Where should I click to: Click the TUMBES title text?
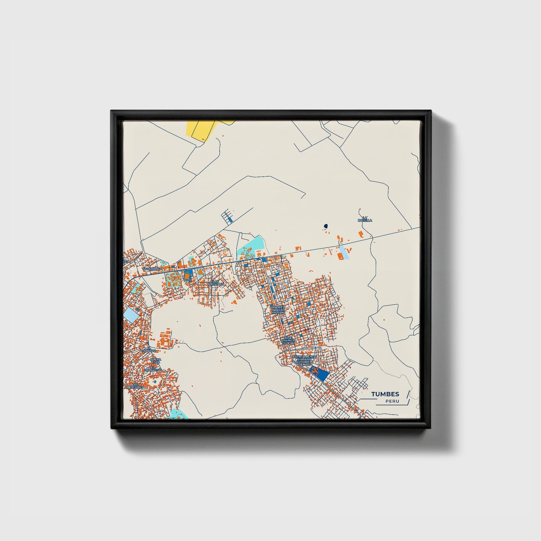point(385,394)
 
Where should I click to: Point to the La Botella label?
point(365,219)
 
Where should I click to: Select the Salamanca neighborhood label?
point(152,269)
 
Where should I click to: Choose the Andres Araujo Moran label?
point(278,310)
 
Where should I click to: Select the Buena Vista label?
point(155,361)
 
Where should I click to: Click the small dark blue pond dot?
point(326,226)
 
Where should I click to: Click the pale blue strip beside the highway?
point(344,253)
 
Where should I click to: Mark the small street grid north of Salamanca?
point(227,217)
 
